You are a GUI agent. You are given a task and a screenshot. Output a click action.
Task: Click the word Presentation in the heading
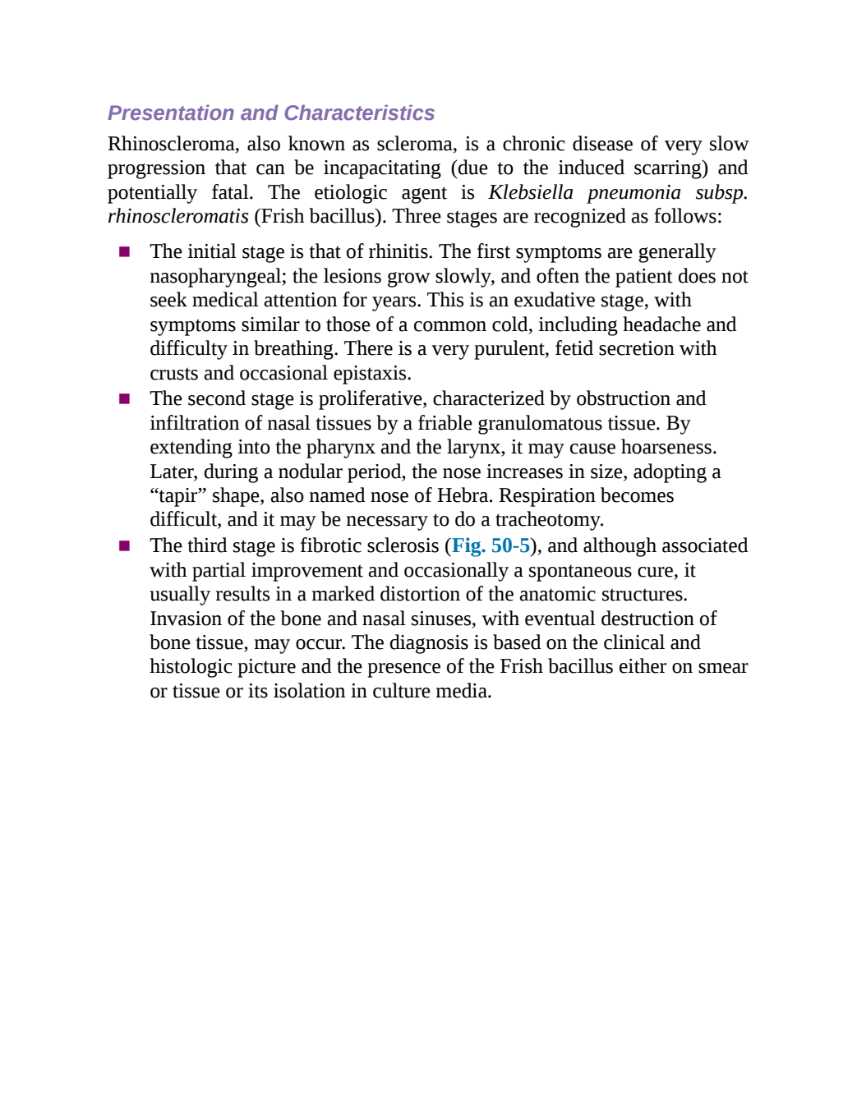tap(172, 113)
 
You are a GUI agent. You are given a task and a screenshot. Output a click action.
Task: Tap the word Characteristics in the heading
tap(359, 113)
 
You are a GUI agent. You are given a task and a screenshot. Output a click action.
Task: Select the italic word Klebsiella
tap(531, 192)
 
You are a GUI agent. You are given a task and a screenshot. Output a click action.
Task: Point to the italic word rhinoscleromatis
tap(178, 216)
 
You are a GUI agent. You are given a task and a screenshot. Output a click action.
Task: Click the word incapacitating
tap(382, 168)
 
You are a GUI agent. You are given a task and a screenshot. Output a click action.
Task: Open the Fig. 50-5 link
tap(491, 545)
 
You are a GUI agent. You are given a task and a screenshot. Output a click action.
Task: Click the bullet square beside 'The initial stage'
tap(124, 251)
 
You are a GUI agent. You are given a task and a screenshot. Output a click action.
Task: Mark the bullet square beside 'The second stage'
tap(124, 398)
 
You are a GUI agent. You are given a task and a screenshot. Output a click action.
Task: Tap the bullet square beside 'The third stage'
tap(124, 546)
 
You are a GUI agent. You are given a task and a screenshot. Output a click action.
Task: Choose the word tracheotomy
tap(550, 519)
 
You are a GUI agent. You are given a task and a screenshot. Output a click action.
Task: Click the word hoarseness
tap(669, 447)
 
